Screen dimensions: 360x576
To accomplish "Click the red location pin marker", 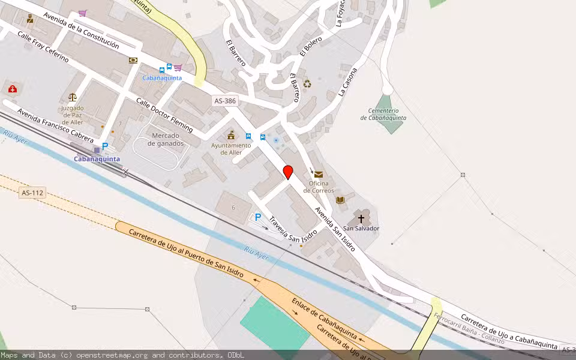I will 288,172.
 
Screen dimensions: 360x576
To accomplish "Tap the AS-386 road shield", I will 225,101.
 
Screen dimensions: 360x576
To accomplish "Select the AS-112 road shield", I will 33,193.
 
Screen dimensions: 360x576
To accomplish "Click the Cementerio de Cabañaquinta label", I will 383,114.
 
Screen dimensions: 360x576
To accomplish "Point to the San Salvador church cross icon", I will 361,218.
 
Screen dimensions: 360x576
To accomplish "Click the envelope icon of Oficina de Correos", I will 318,174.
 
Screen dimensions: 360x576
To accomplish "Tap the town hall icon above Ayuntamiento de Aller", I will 230,135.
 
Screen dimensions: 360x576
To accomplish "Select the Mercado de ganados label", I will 158,139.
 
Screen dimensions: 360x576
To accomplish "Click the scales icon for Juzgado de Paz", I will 73,96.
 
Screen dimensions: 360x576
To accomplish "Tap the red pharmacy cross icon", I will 12,89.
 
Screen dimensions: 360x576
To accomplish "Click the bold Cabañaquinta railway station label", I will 97,159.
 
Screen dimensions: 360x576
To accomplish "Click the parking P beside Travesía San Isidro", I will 258,217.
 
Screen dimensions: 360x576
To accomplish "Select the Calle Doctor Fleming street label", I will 164,115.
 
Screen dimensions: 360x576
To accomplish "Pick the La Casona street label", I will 348,82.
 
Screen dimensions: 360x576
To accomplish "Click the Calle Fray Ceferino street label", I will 43,48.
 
